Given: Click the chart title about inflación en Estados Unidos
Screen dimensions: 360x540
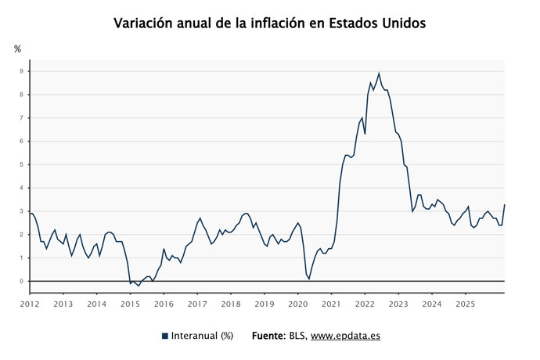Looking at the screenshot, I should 269,23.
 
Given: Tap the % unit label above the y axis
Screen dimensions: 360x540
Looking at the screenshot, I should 17,49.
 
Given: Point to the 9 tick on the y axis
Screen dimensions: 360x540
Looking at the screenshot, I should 23,71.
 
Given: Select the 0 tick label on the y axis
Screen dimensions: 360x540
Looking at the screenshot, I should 23,281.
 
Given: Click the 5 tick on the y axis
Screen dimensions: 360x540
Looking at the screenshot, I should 23,164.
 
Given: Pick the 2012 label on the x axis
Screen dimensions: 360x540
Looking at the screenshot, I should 30,304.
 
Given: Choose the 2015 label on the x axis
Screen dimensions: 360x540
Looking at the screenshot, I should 130,304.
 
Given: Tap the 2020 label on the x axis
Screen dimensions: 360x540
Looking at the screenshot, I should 297,304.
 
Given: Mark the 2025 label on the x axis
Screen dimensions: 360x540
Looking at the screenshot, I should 465,304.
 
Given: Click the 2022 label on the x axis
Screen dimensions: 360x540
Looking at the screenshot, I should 365,304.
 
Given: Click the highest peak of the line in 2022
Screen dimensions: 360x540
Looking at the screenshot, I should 379,74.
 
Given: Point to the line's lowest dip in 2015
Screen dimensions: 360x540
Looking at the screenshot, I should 139,286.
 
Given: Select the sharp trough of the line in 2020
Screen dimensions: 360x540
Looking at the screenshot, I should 309,279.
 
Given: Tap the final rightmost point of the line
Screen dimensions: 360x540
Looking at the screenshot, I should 505,205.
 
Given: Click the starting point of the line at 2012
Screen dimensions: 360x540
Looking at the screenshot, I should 30,213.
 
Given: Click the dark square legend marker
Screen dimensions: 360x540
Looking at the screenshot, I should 165,336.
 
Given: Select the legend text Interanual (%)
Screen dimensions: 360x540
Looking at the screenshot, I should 203,336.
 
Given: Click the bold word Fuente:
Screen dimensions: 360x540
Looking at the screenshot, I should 268,336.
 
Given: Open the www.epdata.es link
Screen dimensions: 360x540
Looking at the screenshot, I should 345,336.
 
